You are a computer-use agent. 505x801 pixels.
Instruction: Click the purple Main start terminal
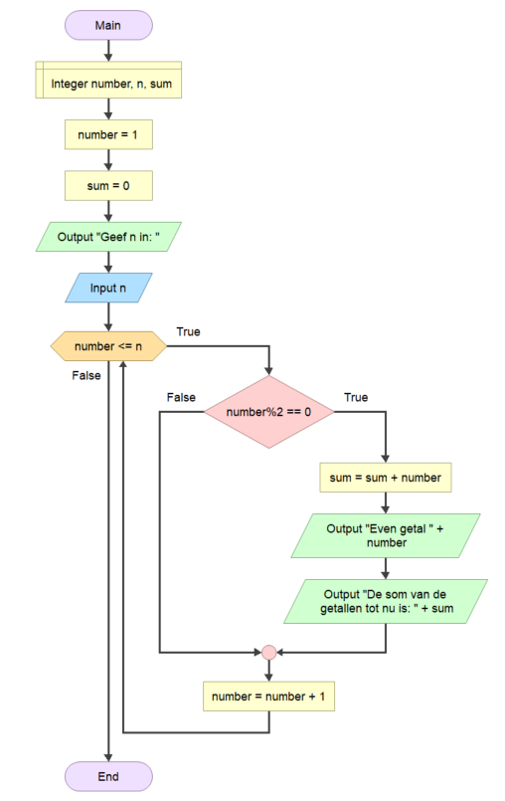pyautogui.click(x=108, y=25)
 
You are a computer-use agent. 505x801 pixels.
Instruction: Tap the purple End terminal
pyautogui.click(x=108, y=776)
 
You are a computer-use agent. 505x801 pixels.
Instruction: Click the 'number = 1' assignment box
pyautogui.click(x=108, y=134)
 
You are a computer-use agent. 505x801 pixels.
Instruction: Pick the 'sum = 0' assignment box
pyautogui.click(x=108, y=185)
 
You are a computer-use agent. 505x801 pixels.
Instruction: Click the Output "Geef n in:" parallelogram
pyautogui.click(x=108, y=237)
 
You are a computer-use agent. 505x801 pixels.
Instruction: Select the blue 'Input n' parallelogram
pyautogui.click(x=108, y=288)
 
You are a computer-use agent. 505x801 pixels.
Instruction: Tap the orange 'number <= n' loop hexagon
pyautogui.click(x=108, y=346)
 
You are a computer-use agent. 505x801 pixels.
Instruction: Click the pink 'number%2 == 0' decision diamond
pyautogui.click(x=268, y=412)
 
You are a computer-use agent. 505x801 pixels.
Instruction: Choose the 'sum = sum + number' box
pyautogui.click(x=386, y=478)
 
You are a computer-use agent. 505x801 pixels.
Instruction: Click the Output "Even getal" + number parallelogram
pyautogui.click(x=386, y=535)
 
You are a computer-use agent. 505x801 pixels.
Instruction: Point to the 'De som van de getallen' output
pyautogui.click(x=386, y=601)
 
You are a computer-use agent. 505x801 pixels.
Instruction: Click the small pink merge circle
pyautogui.click(x=268, y=653)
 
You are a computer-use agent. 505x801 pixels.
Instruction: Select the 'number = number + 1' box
pyautogui.click(x=268, y=697)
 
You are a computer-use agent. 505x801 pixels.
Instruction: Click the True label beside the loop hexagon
pyautogui.click(x=189, y=331)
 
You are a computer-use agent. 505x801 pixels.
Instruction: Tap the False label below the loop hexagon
pyautogui.click(x=86, y=375)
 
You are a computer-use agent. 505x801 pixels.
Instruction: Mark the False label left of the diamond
pyautogui.click(x=181, y=397)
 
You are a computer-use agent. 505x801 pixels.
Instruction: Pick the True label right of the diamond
pyautogui.click(x=356, y=397)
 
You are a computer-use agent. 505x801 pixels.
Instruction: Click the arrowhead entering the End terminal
pyautogui.click(x=108, y=757)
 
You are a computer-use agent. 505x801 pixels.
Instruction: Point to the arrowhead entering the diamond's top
pyautogui.click(x=268, y=371)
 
